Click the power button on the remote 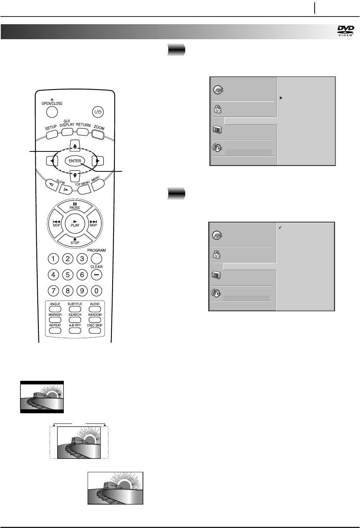pos(97,112)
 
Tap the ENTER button pos(75,161)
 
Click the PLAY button pos(75,223)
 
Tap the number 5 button pos(68,275)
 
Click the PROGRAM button pos(96,259)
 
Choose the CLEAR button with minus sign pos(96,275)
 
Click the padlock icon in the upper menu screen pos(217,109)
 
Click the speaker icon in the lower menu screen pos(216,294)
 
